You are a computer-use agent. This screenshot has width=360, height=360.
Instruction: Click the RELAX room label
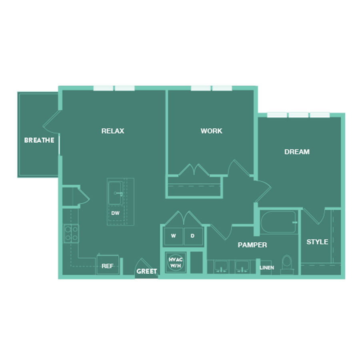[113, 131]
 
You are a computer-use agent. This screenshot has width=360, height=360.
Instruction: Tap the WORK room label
[212, 131]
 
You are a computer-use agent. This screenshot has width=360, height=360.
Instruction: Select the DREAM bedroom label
[297, 152]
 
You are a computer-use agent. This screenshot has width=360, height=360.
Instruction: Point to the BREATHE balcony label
[39, 140]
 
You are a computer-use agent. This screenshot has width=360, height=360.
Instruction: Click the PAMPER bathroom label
[252, 245]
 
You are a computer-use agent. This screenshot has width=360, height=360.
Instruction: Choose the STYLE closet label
[317, 242]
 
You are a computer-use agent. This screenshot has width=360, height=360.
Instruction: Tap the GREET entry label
[147, 271]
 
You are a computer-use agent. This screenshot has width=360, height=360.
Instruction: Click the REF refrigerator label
[108, 266]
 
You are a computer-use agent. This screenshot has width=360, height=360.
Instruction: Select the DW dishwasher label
[115, 213]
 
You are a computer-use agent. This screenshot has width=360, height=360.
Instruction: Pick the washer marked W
[173, 236]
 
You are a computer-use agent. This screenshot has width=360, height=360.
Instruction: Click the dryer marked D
[193, 236]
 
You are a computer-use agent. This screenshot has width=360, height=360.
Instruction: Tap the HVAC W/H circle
[176, 262]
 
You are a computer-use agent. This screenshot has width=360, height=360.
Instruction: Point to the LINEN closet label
[267, 268]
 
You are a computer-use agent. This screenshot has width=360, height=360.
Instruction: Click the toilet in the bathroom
[287, 265]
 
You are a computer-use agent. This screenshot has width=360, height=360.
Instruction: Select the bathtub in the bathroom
[278, 222]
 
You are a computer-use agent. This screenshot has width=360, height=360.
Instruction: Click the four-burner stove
[71, 234]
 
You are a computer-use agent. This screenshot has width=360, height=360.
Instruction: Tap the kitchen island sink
[116, 193]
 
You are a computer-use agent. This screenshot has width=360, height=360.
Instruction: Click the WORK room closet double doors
[194, 170]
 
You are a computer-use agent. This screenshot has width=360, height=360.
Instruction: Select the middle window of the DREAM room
[298, 115]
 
